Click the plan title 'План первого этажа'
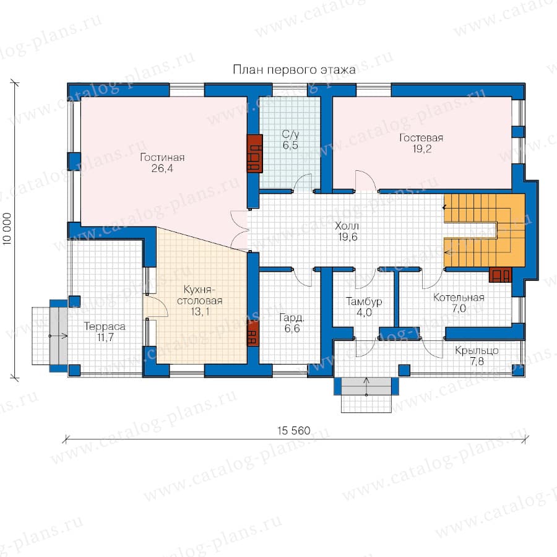pyautogui.click(x=294, y=69)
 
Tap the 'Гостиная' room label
pyautogui.click(x=162, y=157)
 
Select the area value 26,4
pyautogui.click(x=162, y=168)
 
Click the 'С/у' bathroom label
pyautogui.click(x=291, y=134)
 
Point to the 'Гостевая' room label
pyautogui.click(x=421, y=138)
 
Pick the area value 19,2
pyautogui.click(x=421, y=149)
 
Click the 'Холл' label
pyautogui.click(x=347, y=226)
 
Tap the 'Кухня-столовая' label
pyautogui.click(x=200, y=295)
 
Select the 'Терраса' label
pyautogui.click(x=105, y=326)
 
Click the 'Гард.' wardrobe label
pyautogui.click(x=291, y=317)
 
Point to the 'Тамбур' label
pyautogui.click(x=364, y=301)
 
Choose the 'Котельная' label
pyautogui.click(x=459, y=297)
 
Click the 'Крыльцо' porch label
pyautogui.click(x=477, y=351)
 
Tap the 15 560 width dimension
pyautogui.click(x=294, y=431)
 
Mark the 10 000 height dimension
pyautogui.click(x=7, y=229)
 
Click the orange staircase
pyautogui.click(x=485, y=230)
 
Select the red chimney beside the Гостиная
pyautogui.click(x=255, y=153)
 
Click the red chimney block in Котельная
pyautogui.click(x=501, y=275)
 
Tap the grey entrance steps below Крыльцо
pyautogui.click(x=366, y=386)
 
